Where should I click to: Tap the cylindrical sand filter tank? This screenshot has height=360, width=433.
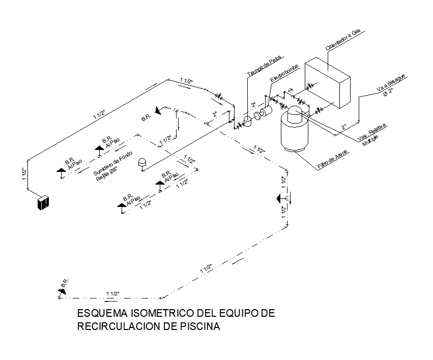click(x=295, y=132)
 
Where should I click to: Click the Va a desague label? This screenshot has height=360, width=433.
click(x=391, y=83)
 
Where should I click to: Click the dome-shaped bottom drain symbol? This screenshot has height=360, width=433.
click(x=143, y=162)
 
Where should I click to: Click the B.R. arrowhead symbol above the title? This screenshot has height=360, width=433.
click(x=61, y=290)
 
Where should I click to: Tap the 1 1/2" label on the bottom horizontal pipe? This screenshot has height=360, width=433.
click(x=112, y=293)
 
